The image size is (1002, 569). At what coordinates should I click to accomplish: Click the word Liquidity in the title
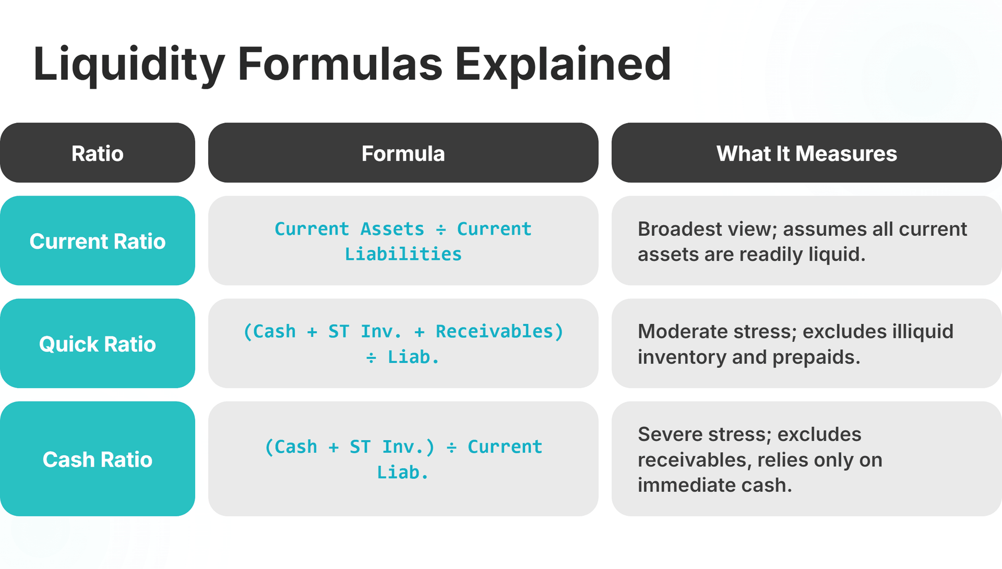[128, 65]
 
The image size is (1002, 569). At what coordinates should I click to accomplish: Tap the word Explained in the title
[563, 65]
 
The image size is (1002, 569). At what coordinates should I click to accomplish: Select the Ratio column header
[98, 153]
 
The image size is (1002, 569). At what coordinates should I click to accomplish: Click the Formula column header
[403, 153]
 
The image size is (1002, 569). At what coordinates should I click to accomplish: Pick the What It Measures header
[806, 153]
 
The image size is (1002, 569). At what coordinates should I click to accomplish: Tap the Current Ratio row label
[98, 241]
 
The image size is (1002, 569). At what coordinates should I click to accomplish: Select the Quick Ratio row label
[98, 344]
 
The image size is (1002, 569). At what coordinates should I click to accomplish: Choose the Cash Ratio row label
[98, 459]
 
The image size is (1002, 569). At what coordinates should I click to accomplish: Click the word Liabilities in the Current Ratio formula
[403, 255]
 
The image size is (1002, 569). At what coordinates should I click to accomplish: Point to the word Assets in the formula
[392, 229]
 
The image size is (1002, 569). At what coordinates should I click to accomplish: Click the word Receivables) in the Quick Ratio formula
[499, 332]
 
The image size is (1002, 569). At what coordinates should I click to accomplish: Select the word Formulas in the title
[340, 65]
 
